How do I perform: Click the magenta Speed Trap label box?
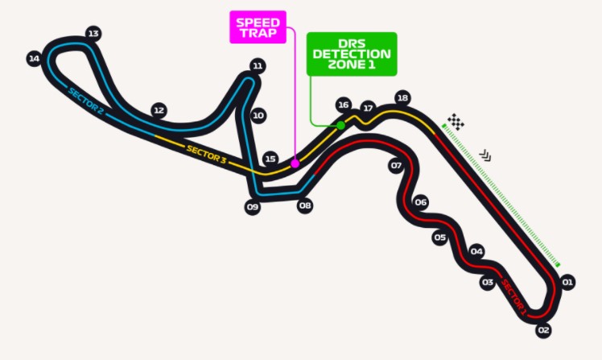pos(258,27)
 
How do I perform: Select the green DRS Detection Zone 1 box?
pos(352,54)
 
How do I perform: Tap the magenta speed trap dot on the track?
pos(295,163)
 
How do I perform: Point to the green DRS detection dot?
pos(340,126)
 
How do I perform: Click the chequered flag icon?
pos(456,122)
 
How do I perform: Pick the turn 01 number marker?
pos(567,283)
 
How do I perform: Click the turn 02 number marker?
pos(543,330)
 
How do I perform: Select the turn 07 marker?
pos(396,166)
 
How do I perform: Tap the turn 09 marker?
pos(253,207)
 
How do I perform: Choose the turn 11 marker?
pos(258,66)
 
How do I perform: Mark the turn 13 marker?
pos(93,34)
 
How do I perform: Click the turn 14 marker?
pos(34,59)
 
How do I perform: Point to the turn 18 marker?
pos(402,98)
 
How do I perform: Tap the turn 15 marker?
pos(270,159)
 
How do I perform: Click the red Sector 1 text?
pos(513,297)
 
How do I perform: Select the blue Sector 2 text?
pos(85,101)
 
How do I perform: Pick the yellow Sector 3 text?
pos(206,154)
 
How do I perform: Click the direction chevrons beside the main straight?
pos(485,155)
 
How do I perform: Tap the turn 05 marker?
pos(440,238)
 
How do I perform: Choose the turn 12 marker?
pos(159,110)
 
